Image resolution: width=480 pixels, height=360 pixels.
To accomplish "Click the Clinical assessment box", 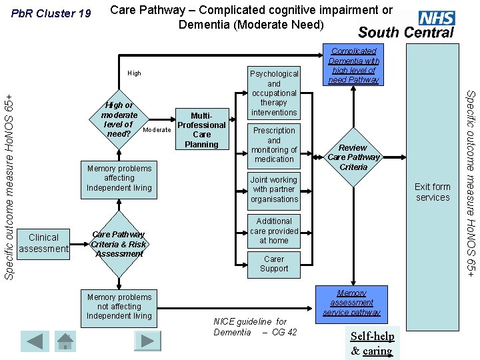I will coord(44,243).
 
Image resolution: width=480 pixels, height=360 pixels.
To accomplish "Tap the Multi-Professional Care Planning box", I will coord(201,129).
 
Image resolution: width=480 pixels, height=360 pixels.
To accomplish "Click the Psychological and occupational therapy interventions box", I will coord(274,93).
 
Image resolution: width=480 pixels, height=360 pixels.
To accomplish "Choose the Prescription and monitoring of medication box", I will coord(274,145).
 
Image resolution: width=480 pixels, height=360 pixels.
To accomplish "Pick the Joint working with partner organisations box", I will coord(274,189).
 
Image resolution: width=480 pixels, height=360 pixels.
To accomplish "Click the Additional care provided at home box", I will coord(274,231).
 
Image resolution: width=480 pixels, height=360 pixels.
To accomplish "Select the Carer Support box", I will coord(274,264).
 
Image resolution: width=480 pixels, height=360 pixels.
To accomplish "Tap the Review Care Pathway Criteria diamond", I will coord(353,157).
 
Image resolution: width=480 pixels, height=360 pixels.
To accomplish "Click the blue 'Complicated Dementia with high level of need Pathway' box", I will coord(353,65).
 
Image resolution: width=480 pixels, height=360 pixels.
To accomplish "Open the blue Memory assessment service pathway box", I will coord(351,303).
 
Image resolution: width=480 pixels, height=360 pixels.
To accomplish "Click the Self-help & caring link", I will coord(372,343).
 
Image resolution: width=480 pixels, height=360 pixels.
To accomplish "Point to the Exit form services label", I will coord(433,192).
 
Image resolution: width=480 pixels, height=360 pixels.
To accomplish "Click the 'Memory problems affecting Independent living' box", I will coord(119,178).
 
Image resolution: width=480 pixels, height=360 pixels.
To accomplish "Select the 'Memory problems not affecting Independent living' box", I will coord(119,307).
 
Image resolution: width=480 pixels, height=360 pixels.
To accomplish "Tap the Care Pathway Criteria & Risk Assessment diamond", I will coord(119,244).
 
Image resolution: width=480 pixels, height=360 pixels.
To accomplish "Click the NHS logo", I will coord(437,18).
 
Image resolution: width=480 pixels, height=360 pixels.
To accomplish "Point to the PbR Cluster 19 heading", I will coord(47,14).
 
